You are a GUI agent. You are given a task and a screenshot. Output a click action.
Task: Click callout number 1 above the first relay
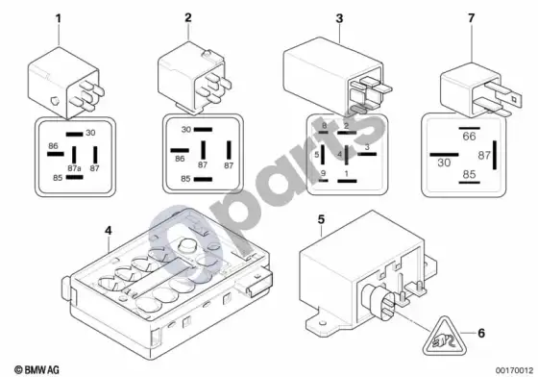point(59,18)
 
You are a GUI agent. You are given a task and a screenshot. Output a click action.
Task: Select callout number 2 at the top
point(188,17)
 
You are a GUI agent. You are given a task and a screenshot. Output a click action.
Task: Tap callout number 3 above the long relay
point(339,18)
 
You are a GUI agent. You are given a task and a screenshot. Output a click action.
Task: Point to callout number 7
point(472,18)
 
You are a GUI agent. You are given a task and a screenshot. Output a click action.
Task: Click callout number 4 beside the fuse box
point(109,231)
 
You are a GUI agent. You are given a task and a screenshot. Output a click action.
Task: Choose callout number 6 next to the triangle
point(481,333)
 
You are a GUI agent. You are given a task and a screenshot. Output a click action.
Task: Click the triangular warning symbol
point(445,337)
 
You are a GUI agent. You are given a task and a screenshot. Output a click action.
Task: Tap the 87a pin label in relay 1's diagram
point(74,168)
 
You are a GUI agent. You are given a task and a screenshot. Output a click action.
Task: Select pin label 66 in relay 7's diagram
point(469,137)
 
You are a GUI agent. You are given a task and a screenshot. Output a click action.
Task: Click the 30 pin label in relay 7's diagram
point(444,163)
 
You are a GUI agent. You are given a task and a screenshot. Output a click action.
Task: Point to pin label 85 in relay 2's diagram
point(185,179)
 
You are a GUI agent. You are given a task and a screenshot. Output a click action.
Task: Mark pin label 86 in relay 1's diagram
point(53,146)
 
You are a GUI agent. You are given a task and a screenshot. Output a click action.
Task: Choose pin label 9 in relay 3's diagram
point(323,173)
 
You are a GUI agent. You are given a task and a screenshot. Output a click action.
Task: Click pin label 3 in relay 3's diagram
point(367,147)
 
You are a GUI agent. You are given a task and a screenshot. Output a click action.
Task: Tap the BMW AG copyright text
point(37,370)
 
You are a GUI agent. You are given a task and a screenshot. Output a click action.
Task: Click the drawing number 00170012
point(514,370)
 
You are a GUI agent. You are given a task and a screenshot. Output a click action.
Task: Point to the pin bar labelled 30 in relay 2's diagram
point(203,130)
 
